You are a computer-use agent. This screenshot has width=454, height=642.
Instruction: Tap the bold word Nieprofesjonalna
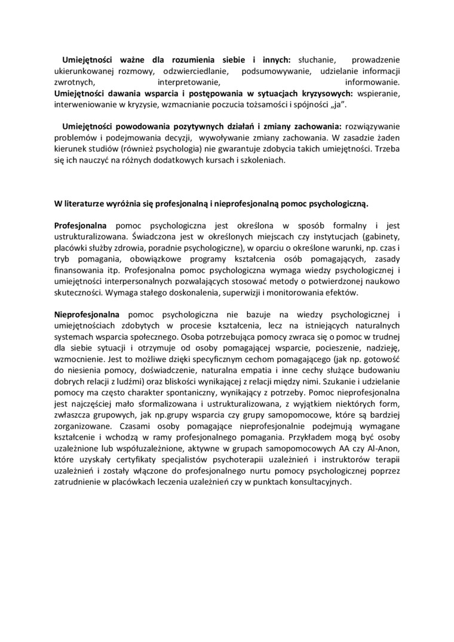(x=87, y=314)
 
